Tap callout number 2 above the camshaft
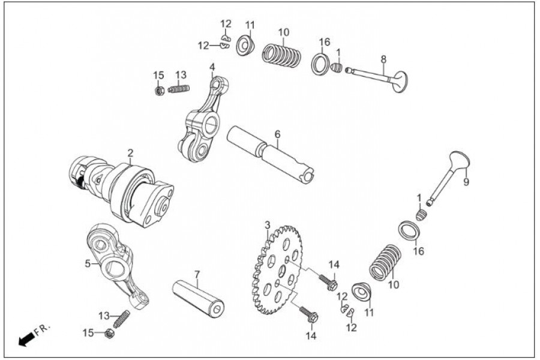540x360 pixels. tap(130, 152)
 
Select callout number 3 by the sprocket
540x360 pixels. tap(268, 225)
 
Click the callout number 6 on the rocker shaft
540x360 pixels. tap(277, 134)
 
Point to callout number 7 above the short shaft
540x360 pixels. tap(197, 274)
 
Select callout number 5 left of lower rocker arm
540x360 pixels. tap(88, 263)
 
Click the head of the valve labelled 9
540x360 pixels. tap(457, 162)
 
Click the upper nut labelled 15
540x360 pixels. tap(160, 91)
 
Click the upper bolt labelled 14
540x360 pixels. tap(326, 281)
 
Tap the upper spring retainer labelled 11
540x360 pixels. tap(245, 45)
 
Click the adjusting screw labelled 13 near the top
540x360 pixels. tap(179, 89)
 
